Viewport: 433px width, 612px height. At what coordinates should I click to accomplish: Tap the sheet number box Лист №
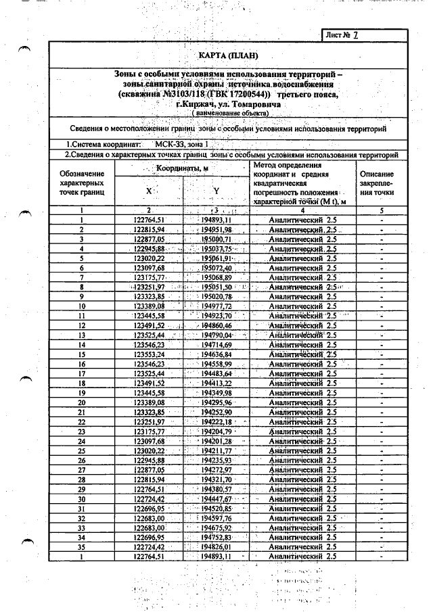[x=346, y=34]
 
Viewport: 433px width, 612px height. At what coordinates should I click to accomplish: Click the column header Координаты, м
[x=183, y=168]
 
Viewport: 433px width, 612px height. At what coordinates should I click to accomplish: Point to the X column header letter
[x=149, y=191]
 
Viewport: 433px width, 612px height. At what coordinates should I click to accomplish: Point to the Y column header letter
[x=216, y=191]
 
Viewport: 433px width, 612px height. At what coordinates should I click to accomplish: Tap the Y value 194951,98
[x=216, y=230]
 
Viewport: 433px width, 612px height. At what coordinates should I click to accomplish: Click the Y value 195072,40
[x=216, y=268]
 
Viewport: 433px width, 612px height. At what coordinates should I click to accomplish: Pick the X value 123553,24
[x=149, y=354]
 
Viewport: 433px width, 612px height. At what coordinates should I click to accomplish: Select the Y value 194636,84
[x=216, y=354]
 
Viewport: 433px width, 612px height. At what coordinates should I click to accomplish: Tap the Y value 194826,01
[x=216, y=546]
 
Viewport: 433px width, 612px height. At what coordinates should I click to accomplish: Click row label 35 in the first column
[x=81, y=546]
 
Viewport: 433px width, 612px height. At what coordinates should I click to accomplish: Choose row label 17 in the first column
[x=81, y=373]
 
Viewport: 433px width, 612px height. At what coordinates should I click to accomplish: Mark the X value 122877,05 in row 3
[x=149, y=239]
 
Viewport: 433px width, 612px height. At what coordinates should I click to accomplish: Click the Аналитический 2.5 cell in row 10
[x=302, y=306]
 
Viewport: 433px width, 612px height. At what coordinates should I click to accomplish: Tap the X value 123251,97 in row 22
[x=149, y=421]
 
